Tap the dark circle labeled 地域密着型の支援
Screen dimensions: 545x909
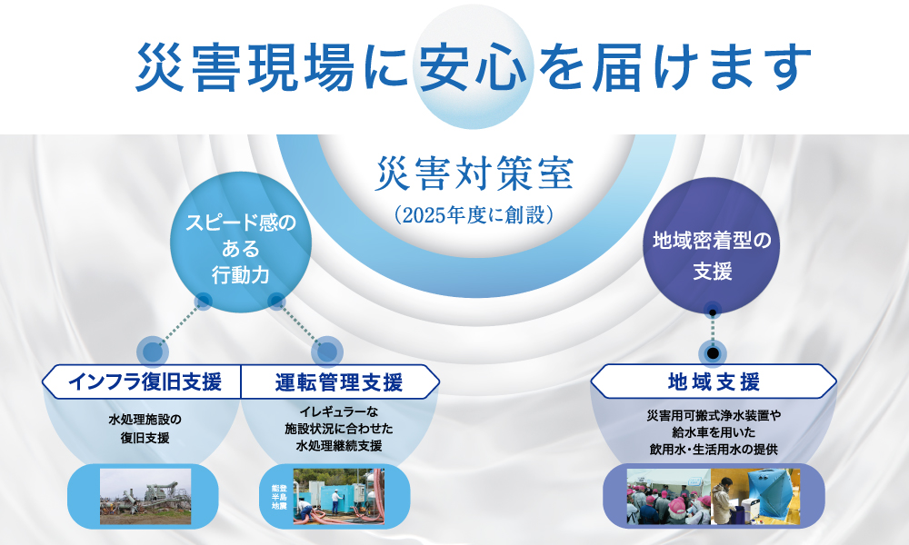coord(713,255)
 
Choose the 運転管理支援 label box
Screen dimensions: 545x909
coord(338,381)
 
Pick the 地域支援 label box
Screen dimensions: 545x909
coord(714,381)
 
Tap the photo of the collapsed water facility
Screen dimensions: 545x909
coord(145,496)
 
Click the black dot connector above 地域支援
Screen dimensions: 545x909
coord(714,352)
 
